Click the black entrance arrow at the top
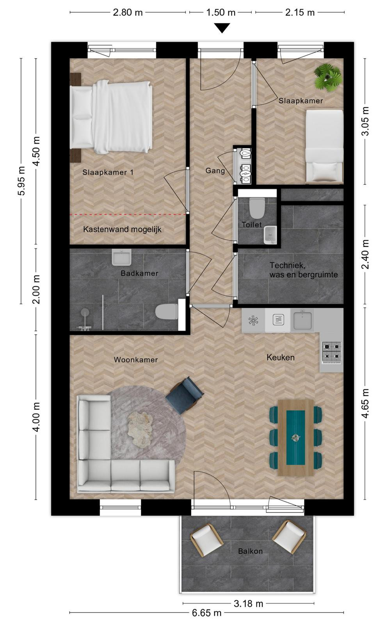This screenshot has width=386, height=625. [x=222, y=28]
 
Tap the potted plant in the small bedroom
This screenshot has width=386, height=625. [x=328, y=77]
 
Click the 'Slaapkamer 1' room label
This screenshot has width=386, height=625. [x=108, y=172]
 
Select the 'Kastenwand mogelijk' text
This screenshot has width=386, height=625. [x=122, y=230]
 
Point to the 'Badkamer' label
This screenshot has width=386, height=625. [x=139, y=273]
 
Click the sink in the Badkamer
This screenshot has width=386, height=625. [x=121, y=257]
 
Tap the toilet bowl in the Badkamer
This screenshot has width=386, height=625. [x=167, y=312]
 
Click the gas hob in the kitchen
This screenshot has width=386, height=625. [x=332, y=352]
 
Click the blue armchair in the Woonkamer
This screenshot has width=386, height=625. [x=185, y=395]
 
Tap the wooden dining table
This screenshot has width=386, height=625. [x=296, y=437]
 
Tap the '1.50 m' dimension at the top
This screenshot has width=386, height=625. [x=221, y=12]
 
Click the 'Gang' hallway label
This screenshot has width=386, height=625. [x=215, y=170]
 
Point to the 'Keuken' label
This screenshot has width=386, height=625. [x=280, y=357]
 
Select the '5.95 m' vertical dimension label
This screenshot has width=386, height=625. [x=22, y=181]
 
